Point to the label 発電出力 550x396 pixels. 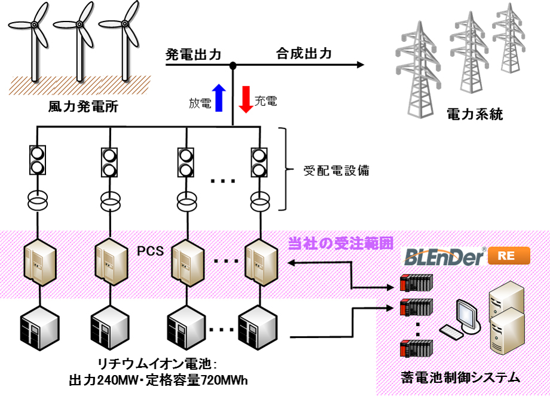pyautogui.click(x=193, y=54)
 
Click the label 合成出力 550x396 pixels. pyautogui.click(x=304, y=54)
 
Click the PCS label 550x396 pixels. pyautogui.click(x=151, y=251)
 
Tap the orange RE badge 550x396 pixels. pyautogui.click(x=509, y=257)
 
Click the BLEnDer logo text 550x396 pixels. pyautogui.click(x=445, y=258)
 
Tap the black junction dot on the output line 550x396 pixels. pyautogui.click(x=233, y=65)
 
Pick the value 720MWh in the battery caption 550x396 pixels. pyautogui.click(x=223, y=380)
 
